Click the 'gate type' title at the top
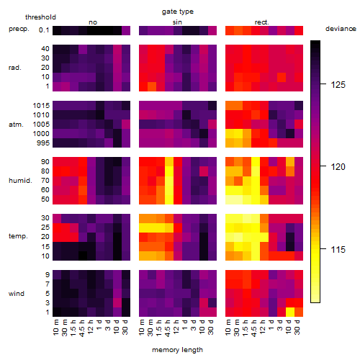pos(178,12)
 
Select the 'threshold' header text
pos(40,17)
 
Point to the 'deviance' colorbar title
pos(341,29)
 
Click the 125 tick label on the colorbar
pos(338,85)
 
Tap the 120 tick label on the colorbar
pos(338,166)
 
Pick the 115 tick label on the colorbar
pos(338,250)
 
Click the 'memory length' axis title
pos(177,350)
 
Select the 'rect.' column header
pos(262,22)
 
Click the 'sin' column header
pos(177,22)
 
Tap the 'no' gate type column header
pos(93,22)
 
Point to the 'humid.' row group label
pos(20,181)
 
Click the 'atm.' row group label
pos(16,125)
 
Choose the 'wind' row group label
pos(17,294)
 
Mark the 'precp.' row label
pos(19,29)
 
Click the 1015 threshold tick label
pos(41,106)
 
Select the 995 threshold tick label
pos(43,143)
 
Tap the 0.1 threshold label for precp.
pos(44,30)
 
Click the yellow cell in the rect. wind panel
pos(290,312)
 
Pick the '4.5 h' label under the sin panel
pos(167,328)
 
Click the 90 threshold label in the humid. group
pos(45,162)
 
